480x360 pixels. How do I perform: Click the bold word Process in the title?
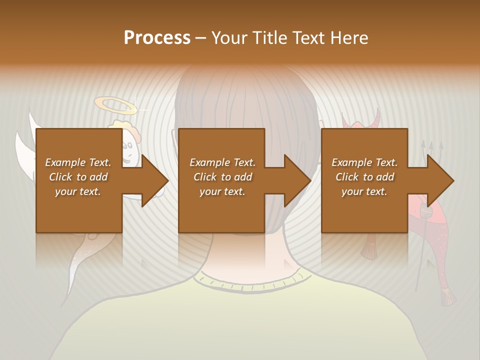(157, 38)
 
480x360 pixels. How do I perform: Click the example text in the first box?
(78, 177)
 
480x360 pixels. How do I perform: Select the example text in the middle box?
(222, 177)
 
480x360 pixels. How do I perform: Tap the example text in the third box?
(364, 177)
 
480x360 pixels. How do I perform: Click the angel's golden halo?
(114, 105)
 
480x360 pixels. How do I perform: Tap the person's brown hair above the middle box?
(245, 100)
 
